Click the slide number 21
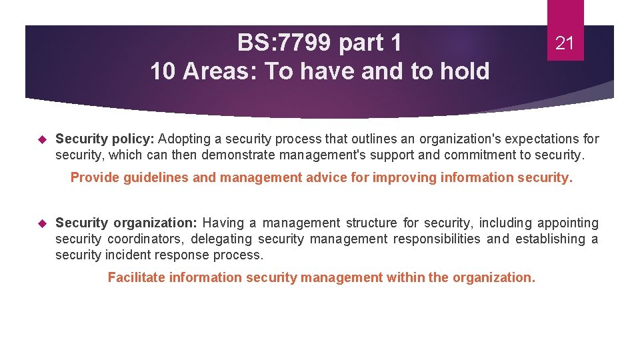565,44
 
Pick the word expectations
537,139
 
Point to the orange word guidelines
156,178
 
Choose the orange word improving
402,178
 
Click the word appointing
567,223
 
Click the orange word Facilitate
137,277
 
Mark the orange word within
406,277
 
